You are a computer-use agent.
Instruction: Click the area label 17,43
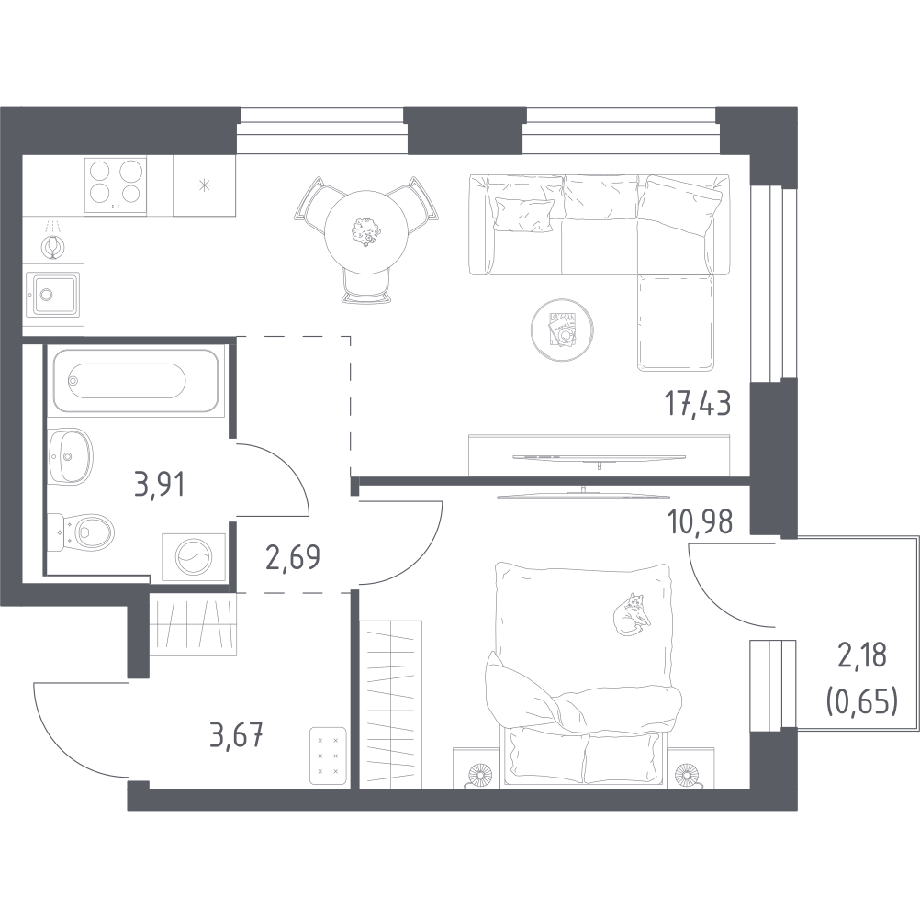click(x=698, y=405)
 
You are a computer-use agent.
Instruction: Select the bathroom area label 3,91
click(x=160, y=485)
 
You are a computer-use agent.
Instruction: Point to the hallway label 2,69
click(x=293, y=557)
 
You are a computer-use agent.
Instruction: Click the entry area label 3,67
click(x=235, y=735)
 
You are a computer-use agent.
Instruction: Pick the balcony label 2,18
click(x=861, y=655)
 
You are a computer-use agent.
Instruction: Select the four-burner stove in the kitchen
click(x=115, y=185)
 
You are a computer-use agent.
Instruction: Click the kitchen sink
click(x=53, y=295)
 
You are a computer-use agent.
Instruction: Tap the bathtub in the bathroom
click(x=136, y=381)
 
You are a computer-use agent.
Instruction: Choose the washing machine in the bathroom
click(x=194, y=557)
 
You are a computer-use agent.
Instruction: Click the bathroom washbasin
click(x=70, y=456)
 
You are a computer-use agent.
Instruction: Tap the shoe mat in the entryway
click(x=328, y=756)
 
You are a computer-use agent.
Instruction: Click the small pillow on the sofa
click(x=523, y=214)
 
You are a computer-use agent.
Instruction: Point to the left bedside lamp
click(x=479, y=773)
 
